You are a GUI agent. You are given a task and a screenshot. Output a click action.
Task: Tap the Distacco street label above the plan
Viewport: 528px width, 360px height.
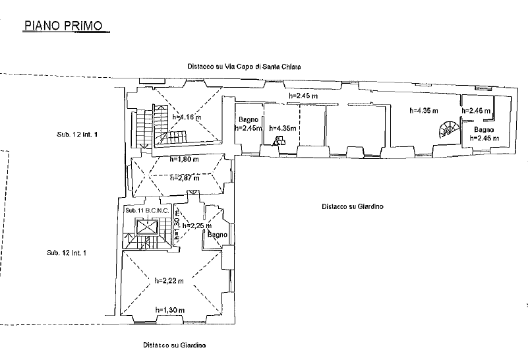(243, 67)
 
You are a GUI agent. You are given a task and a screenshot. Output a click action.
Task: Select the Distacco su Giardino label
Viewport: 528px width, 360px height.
(353, 206)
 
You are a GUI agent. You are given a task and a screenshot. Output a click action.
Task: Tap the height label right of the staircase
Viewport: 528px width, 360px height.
(186, 118)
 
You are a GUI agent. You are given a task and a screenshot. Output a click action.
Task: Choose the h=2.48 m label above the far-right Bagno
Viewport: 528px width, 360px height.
(477, 111)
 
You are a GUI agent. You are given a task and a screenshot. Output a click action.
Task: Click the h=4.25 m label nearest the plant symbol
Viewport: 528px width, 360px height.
(423, 111)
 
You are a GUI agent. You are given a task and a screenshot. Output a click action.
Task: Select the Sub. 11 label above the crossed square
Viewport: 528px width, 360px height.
(145, 210)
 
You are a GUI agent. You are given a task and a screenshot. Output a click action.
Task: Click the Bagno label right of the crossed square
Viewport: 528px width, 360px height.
(218, 235)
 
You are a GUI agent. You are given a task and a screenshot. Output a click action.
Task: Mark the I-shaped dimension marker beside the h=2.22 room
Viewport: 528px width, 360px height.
(229, 282)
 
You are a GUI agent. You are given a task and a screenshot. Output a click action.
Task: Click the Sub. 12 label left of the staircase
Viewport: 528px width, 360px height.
(77, 135)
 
